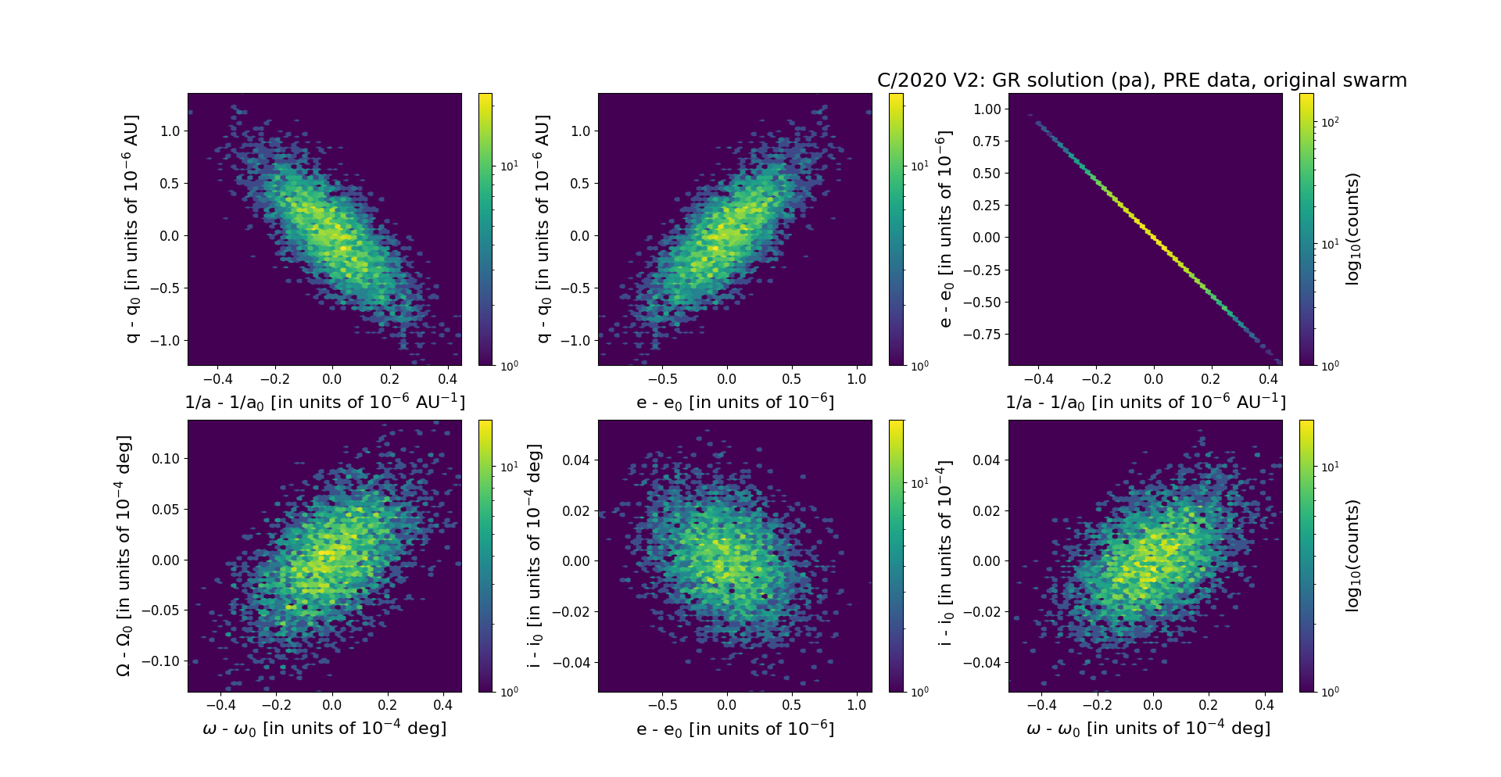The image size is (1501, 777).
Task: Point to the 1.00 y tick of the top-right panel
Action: (986, 109)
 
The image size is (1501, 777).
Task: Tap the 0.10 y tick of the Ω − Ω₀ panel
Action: (165, 459)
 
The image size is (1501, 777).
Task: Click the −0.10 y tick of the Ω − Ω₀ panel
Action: (161, 661)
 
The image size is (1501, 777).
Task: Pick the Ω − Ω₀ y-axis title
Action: (124, 556)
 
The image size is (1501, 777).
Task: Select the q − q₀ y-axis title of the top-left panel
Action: (131, 229)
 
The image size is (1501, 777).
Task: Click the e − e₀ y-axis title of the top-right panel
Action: (945, 229)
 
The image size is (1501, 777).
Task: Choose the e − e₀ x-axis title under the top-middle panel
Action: (735, 403)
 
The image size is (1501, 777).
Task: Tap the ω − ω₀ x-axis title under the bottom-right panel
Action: (1148, 729)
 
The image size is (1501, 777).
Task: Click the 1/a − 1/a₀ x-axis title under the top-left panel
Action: (324, 403)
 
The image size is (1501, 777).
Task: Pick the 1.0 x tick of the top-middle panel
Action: (857, 379)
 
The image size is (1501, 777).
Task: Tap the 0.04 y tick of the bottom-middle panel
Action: (575, 460)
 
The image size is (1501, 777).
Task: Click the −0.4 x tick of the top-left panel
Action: (217, 379)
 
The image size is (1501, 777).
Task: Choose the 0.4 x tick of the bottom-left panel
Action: (442, 705)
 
